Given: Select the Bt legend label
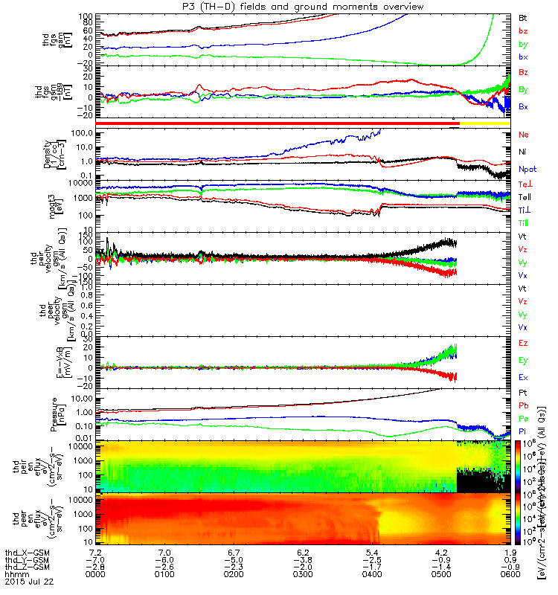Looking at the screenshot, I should click(524, 16).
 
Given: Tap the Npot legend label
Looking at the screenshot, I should click(526, 169).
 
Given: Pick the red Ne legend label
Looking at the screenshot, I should click(524, 135).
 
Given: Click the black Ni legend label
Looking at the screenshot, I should click(523, 152).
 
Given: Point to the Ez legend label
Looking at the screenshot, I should click(524, 343).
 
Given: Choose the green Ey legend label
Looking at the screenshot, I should click(524, 360).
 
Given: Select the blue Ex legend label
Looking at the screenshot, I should click(524, 377).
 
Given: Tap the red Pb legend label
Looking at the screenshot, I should click(524, 405).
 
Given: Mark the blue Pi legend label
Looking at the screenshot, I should click(523, 431).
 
